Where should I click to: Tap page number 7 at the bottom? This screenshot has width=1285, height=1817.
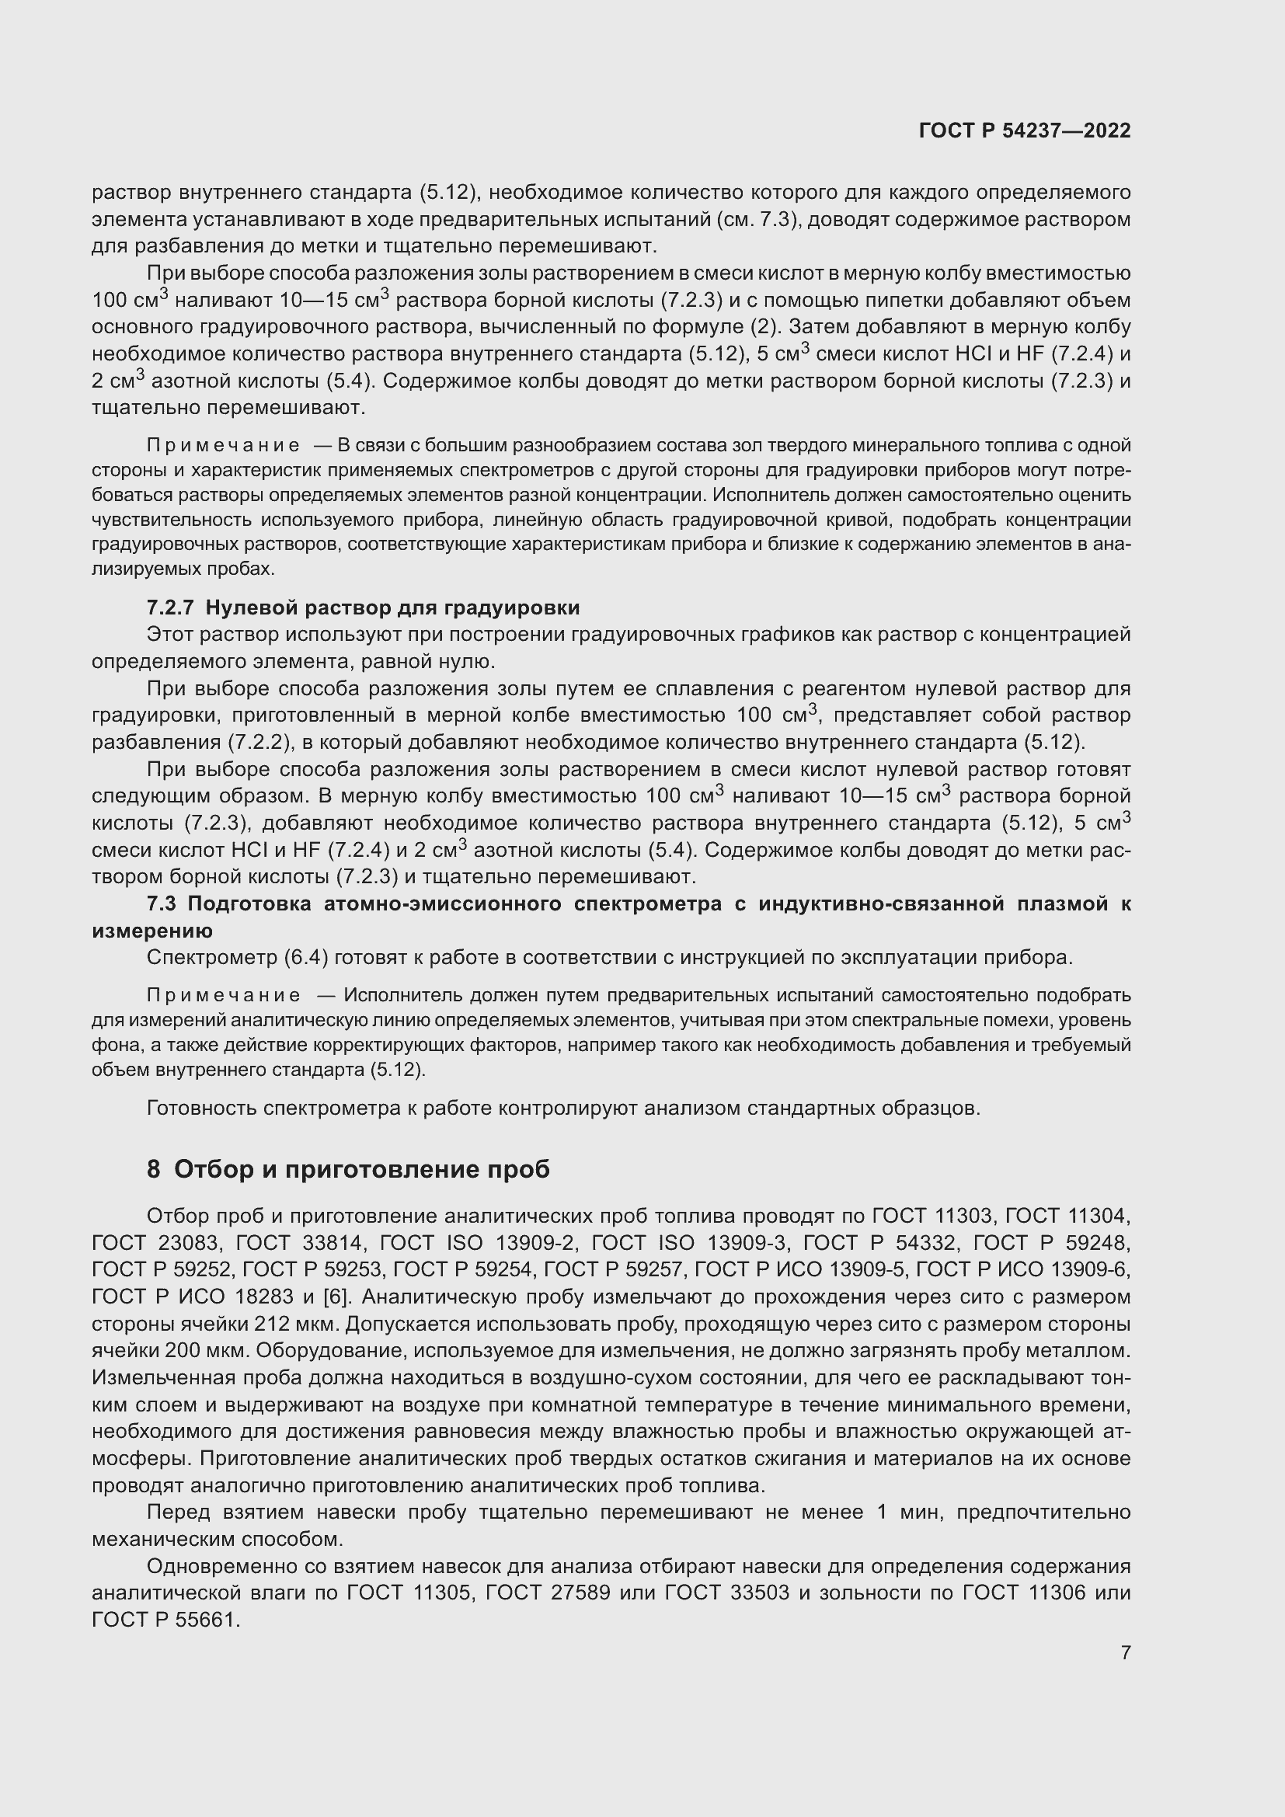(1125, 1652)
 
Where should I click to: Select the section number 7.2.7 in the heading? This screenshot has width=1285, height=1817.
(170, 607)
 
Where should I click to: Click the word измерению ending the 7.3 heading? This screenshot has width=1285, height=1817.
(152, 931)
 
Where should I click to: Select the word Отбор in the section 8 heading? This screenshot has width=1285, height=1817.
(212, 1170)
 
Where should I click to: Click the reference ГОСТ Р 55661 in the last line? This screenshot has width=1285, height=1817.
(165, 1620)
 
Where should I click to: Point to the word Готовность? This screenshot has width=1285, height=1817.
(202, 1108)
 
